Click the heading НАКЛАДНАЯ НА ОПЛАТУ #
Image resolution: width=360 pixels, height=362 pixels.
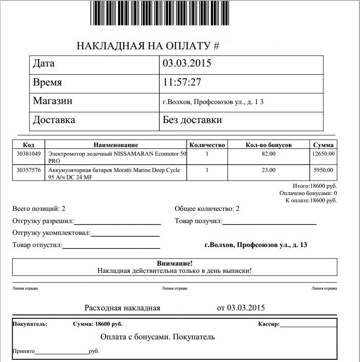(148, 46)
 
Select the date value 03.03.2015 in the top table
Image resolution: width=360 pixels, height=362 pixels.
(187, 64)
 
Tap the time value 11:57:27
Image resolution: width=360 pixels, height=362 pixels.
(182, 83)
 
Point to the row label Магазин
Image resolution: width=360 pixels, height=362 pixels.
(52, 101)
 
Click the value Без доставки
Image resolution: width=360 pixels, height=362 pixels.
(192, 120)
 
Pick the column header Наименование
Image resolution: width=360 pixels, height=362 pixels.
(115, 145)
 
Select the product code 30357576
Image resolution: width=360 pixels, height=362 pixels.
(28, 170)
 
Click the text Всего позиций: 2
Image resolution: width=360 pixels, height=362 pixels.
(39, 209)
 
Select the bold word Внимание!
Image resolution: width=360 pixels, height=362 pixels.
(174, 263)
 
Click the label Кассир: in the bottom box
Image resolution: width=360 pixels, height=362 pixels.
(269, 324)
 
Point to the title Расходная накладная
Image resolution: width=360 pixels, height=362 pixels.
(122, 308)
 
